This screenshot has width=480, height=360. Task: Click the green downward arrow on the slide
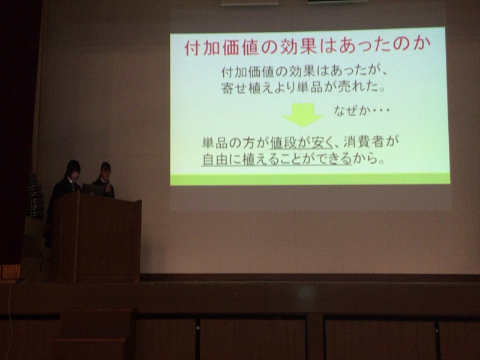point(303,115)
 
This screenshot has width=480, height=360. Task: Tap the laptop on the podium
point(92,190)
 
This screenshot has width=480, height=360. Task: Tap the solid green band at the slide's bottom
point(310,179)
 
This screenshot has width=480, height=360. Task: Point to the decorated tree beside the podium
point(35,197)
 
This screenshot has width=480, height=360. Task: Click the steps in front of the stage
point(92,334)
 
